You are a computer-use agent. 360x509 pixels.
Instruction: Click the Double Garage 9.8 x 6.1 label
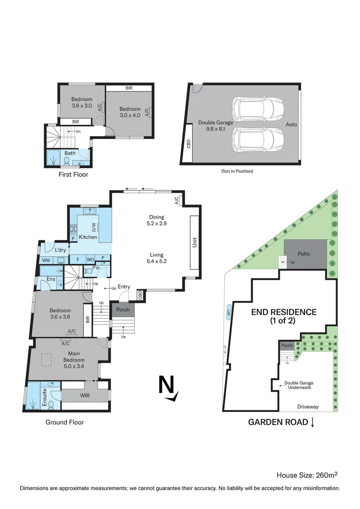215,125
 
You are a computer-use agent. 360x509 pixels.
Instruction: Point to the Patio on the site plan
304,254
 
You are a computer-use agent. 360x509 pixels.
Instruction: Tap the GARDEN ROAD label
278,422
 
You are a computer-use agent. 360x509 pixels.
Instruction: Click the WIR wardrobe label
85,395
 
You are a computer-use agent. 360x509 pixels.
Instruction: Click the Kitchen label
88,237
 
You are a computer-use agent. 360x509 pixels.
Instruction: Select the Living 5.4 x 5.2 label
156,257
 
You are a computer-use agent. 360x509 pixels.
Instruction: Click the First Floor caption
73,174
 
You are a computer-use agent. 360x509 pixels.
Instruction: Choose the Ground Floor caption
65,422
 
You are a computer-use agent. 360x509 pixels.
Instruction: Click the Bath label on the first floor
70,153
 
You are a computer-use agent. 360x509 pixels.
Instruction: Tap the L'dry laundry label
60,250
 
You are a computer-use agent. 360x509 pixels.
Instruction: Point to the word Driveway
308,407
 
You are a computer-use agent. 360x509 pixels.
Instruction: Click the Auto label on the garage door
291,125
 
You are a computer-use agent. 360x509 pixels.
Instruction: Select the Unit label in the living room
194,242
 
